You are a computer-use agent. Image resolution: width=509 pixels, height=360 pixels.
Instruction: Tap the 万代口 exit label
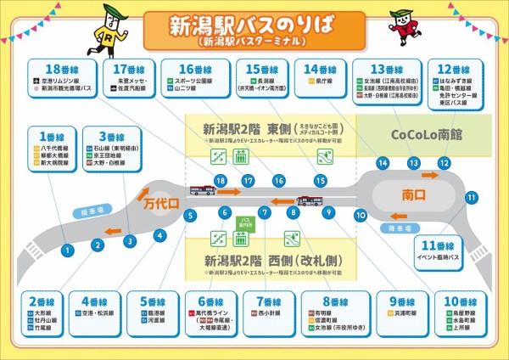pos(157,205)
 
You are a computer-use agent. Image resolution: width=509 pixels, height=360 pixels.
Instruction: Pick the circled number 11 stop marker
pos(471,197)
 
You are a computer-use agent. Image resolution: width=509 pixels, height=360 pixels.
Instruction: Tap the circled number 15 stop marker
pos(320,181)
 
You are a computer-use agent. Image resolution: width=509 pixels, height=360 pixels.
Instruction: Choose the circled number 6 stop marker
pos(225,212)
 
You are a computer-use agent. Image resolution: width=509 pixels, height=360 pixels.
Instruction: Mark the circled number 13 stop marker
pos(413,162)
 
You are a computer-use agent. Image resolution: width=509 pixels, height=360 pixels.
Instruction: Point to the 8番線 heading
pos(337,301)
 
